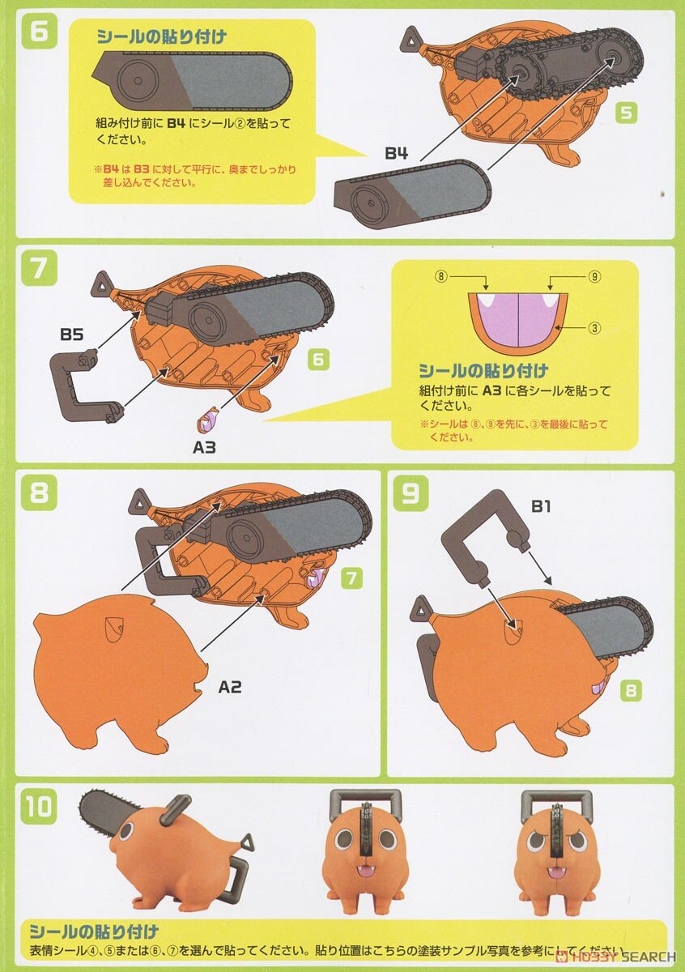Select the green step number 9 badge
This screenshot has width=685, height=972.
(410, 493)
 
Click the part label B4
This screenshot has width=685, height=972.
(396, 153)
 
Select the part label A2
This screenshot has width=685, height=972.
(230, 687)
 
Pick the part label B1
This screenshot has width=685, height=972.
(541, 507)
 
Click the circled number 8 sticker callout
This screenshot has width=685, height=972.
(441, 276)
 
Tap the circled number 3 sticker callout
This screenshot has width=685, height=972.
(594, 328)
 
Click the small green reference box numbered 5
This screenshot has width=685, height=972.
(625, 113)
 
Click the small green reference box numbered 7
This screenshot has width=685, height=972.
(351, 578)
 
